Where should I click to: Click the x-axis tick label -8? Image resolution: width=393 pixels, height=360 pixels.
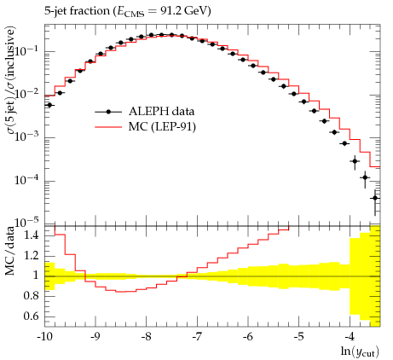click(x=146, y=337)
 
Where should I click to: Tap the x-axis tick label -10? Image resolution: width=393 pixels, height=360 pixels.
click(x=44, y=337)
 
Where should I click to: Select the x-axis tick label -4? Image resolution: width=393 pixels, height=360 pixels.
click(x=350, y=337)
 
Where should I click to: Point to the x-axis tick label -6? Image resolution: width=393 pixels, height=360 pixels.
click(x=247, y=337)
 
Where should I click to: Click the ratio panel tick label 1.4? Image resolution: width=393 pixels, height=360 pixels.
click(x=31, y=235)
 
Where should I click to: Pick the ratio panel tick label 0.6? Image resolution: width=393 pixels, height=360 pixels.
click(x=31, y=316)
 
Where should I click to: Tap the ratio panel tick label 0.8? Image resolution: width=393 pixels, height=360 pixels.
click(x=31, y=296)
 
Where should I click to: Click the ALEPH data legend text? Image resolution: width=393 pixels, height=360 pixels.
click(x=161, y=112)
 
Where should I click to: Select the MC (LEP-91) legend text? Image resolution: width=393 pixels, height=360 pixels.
click(x=162, y=127)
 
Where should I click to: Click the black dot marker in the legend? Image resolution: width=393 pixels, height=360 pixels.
click(x=108, y=112)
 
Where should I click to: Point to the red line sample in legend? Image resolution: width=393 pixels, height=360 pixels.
click(x=108, y=127)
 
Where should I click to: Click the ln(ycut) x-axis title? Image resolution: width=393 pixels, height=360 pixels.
click(x=360, y=352)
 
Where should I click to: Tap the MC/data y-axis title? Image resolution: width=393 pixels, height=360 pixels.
click(x=9, y=251)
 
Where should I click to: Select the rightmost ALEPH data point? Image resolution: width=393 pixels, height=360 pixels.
click(x=375, y=198)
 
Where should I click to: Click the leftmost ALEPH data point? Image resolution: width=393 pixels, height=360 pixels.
click(x=49, y=105)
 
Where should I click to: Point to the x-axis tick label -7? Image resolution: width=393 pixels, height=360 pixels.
click(x=197, y=337)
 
